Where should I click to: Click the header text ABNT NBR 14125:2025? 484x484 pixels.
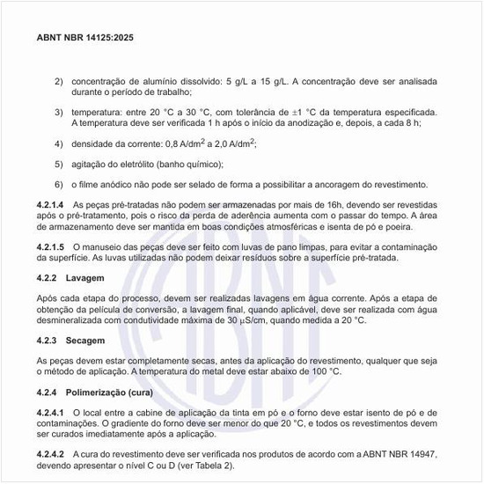click(x=85, y=39)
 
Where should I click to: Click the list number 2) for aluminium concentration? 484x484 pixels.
click(x=59, y=80)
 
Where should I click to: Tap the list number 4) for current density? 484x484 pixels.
click(x=59, y=143)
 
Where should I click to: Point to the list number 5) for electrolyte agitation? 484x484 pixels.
click(x=59, y=164)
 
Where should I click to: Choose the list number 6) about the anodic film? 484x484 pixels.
click(x=59, y=185)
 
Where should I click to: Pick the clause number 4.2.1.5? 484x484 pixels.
click(x=51, y=247)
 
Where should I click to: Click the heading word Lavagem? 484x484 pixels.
click(x=84, y=278)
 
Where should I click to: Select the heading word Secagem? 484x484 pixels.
click(x=85, y=341)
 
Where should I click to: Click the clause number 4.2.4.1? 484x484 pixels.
click(x=51, y=412)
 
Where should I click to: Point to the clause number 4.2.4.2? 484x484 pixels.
click(x=51, y=454)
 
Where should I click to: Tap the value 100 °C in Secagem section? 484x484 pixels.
click(x=322, y=372)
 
